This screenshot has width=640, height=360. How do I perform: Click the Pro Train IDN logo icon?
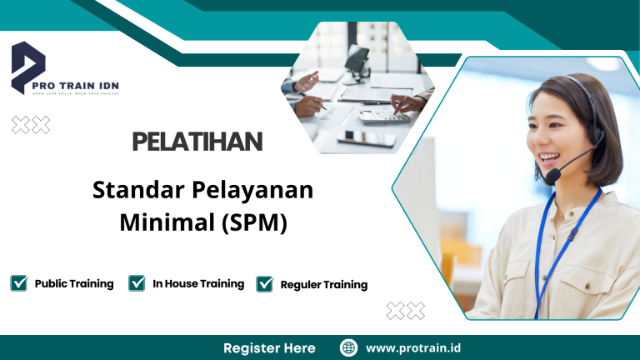28,65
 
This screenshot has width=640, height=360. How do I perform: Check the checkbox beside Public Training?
19,283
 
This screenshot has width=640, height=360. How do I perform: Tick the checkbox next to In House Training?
137,283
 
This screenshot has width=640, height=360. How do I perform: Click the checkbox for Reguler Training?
265,284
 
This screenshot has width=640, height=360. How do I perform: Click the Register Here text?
269,347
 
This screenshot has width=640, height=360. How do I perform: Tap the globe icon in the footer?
349,347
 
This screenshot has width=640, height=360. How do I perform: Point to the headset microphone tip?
552,176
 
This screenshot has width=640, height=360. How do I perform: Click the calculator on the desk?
385,117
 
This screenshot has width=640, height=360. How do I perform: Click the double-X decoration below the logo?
31,125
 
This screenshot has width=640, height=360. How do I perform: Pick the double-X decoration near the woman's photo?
405,311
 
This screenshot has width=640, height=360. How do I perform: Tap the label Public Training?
74,283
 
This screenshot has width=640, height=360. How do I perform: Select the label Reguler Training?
324,284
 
